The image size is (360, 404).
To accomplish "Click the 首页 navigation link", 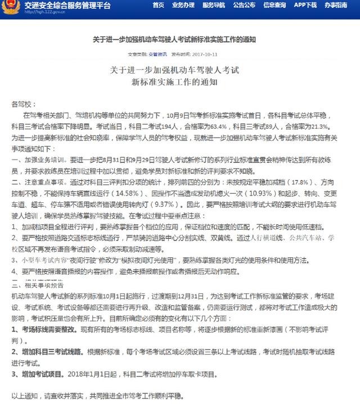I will click(x=159, y=5).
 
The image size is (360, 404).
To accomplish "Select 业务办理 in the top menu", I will click(x=183, y=5).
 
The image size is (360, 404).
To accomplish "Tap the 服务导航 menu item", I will click(x=213, y=5).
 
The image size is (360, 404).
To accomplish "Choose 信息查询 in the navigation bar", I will click(x=274, y=5).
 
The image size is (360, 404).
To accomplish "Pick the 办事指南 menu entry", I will click(x=336, y=5).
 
